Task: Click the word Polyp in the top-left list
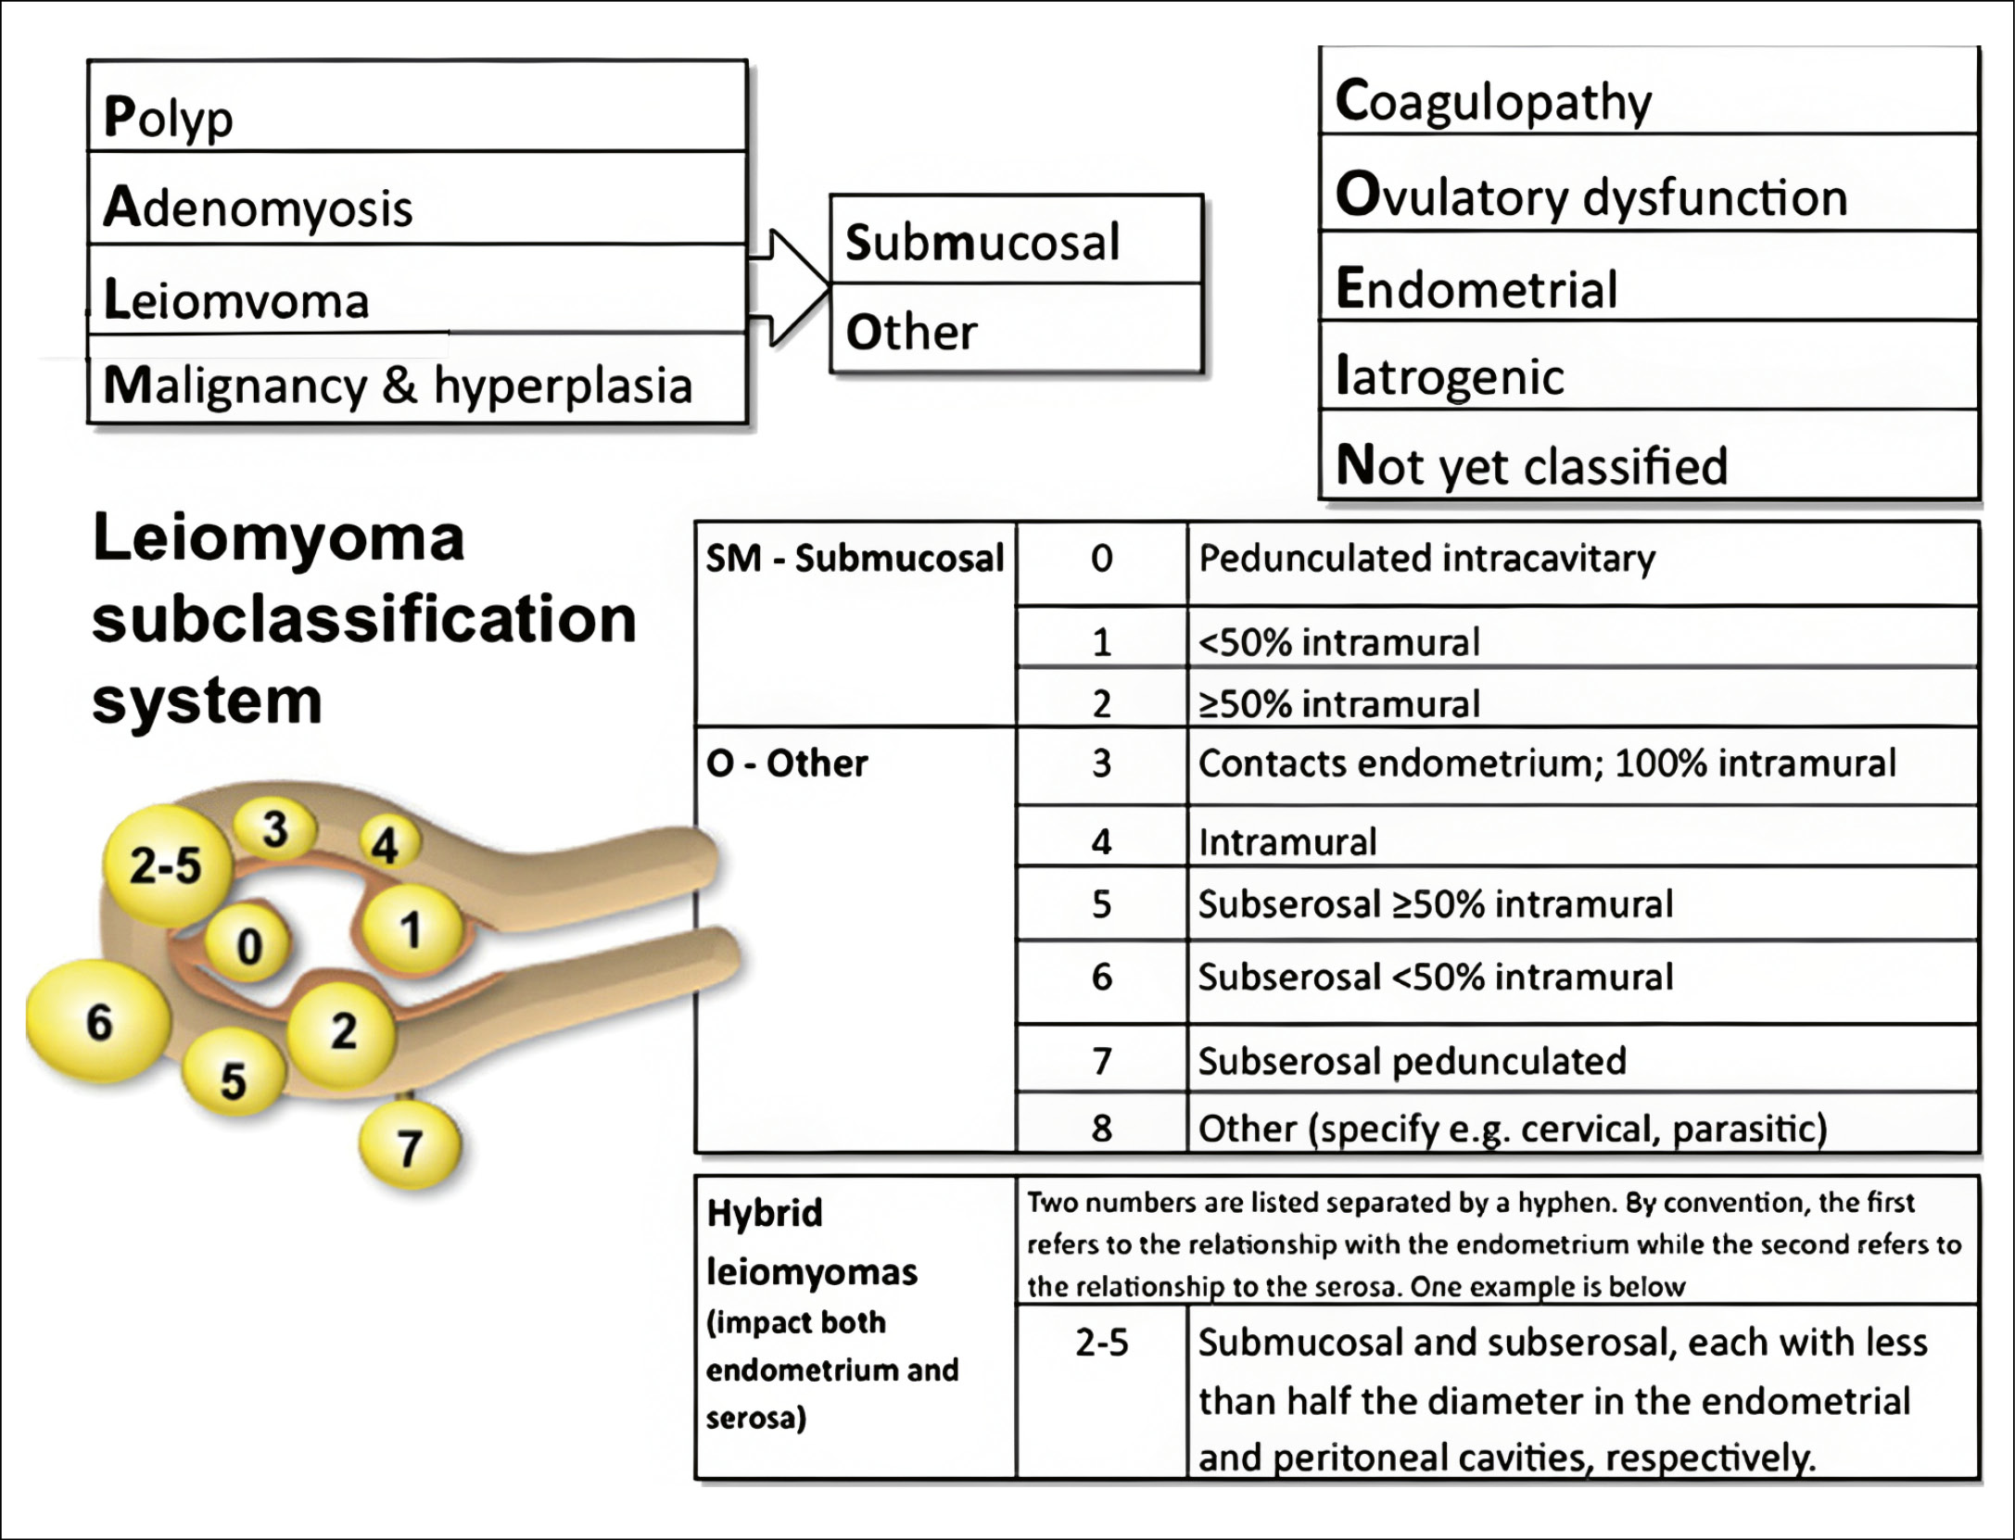(x=168, y=118)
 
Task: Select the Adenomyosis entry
(x=258, y=207)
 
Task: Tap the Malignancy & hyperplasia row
(x=398, y=385)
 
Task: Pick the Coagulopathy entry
(x=1493, y=101)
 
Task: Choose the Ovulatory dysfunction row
(x=1591, y=196)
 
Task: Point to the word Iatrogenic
(x=1450, y=376)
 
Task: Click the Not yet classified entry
(x=1531, y=465)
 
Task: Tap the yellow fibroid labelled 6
(x=98, y=1022)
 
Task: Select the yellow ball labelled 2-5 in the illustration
(x=165, y=865)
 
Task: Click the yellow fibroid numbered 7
(x=410, y=1147)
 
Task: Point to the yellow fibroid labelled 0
(x=248, y=946)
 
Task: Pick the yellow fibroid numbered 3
(x=274, y=827)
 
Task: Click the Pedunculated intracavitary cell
(x=1426, y=559)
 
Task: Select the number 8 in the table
(x=1101, y=1128)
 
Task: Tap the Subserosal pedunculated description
(x=1412, y=1061)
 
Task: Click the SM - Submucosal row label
(x=855, y=559)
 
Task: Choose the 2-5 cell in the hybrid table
(x=1101, y=1343)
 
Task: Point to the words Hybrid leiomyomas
(x=810, y=1242)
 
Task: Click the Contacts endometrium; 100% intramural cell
(x=1547, y=764)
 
